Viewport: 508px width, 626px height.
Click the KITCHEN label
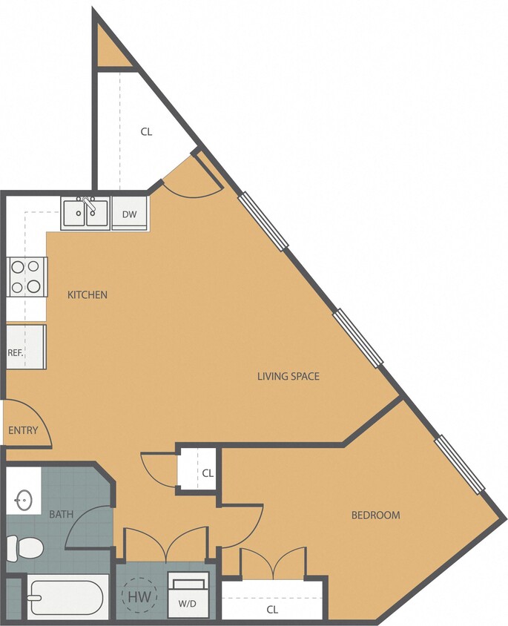click(x=88, y=294)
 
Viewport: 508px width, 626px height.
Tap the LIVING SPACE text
click(x=288, y=376)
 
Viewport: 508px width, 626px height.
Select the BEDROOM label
click(x=375, y=515)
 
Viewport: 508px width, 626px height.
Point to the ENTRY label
click(x=23, y=430)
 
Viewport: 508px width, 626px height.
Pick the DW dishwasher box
click(x=130, y=214)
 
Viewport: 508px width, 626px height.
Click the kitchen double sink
click(x=85, y=214)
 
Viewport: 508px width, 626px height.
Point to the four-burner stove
click(x=27, y=277)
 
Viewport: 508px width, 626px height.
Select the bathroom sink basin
click(x=24, y=501)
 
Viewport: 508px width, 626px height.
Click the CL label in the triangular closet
click(x=146, y=132)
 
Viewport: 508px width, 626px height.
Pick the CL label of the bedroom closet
click(x=272, y=610)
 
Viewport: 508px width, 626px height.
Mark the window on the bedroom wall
click(x=460, y=465)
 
